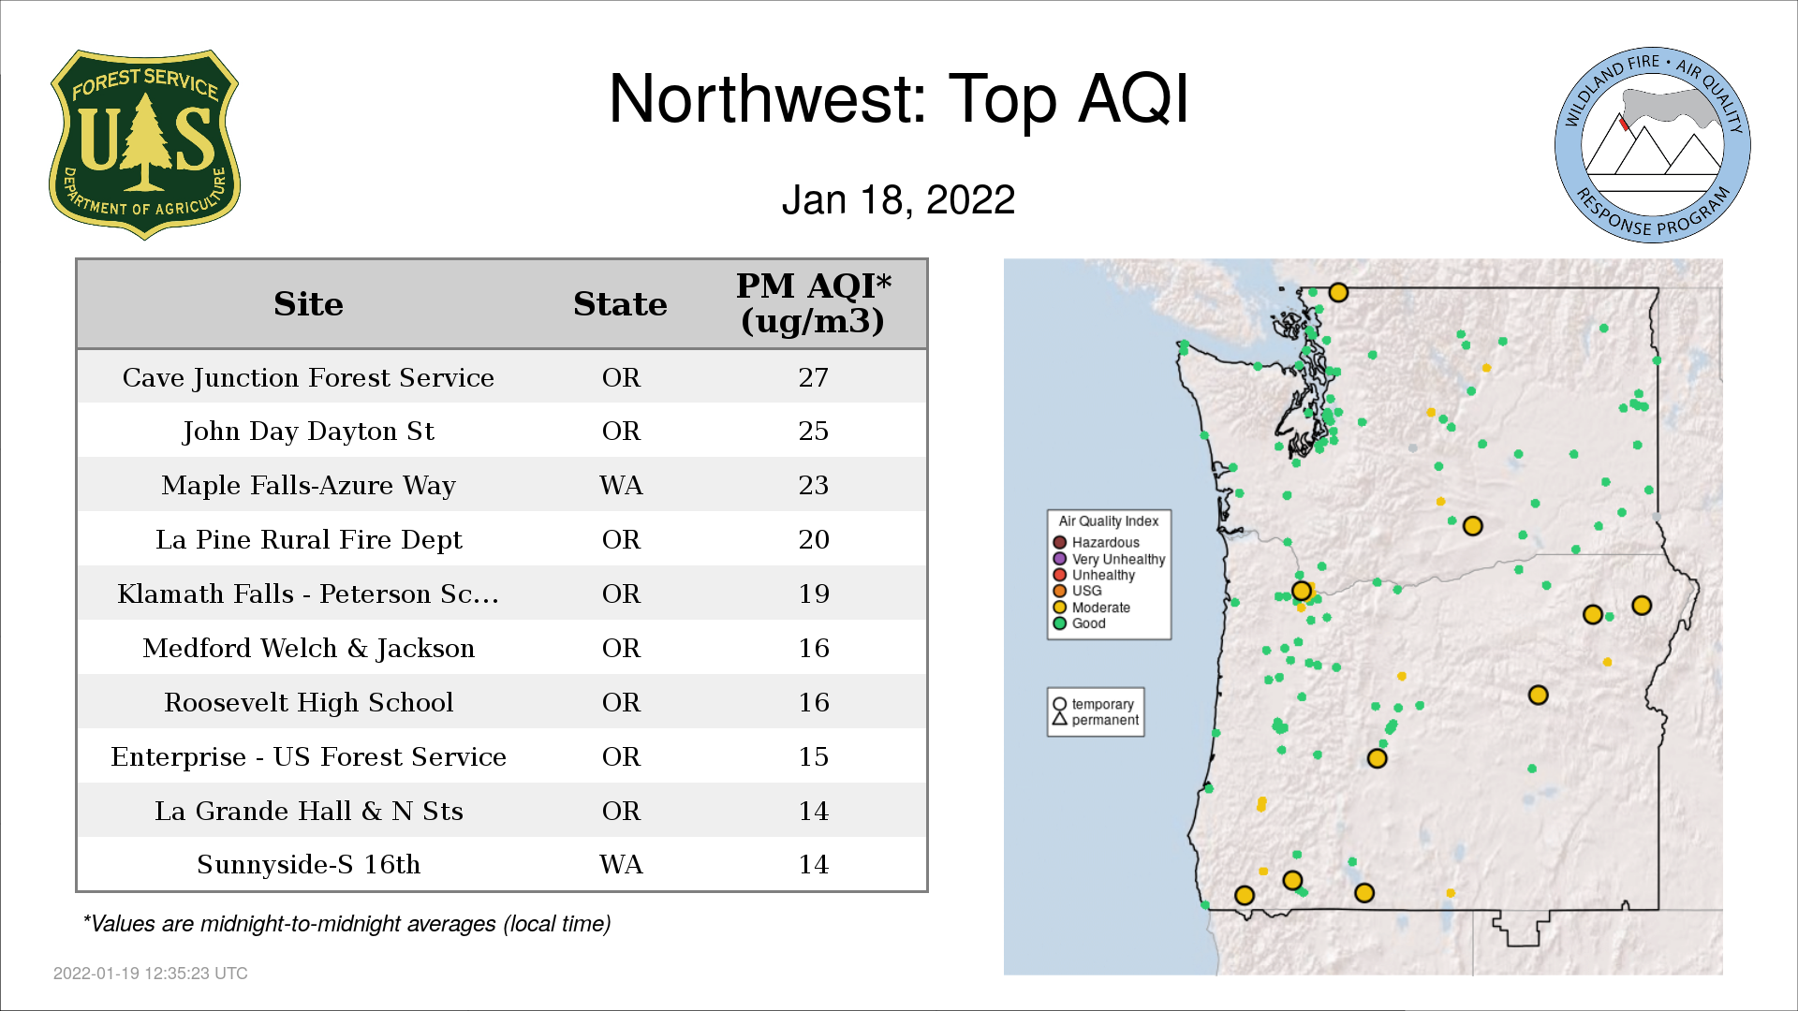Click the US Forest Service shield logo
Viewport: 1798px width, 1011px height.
144,145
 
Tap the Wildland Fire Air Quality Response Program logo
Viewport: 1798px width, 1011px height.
1653,145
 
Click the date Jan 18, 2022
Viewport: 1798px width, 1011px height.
898,199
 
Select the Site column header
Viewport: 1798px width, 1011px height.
308,304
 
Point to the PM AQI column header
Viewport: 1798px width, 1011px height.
813,303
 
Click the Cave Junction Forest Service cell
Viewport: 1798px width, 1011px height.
308,377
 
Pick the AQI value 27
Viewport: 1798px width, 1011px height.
813,377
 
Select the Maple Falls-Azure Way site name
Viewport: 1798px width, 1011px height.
308,485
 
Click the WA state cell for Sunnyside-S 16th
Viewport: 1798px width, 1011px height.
621,864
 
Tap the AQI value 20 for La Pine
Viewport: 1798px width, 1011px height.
813,539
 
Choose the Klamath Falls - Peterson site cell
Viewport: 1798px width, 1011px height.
308,593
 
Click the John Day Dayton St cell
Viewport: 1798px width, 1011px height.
308,432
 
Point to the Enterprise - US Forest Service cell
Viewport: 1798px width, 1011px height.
308,756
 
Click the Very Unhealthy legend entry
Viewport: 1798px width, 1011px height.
1109,559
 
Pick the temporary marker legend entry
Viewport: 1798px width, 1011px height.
1093,704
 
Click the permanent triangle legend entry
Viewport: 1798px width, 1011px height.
1096,720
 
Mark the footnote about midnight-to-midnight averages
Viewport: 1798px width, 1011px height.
346,924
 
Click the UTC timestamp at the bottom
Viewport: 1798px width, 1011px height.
151,974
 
